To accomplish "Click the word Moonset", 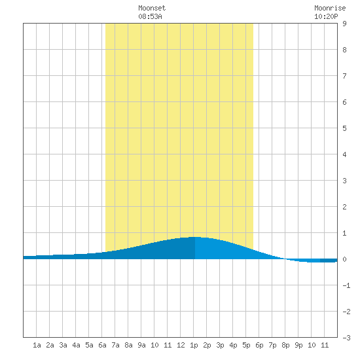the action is [x=152, y=8].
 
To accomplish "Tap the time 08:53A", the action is [x=150, y=16].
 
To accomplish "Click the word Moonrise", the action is [x=330, y=8].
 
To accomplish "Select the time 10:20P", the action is [x=326, y=16].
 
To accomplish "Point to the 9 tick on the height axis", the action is [x=344, y=24].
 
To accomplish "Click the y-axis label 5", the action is [x=344, y=128].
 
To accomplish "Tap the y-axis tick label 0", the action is [x=344, y=259].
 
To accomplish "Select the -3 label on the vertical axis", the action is [x=346, y=338].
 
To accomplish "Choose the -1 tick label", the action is [x=346, y=285].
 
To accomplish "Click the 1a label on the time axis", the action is [x=37, y=345].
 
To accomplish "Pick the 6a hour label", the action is [x=102, y=345].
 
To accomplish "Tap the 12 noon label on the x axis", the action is [x=181, y=345].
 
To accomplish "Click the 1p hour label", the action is [x=194, y=345].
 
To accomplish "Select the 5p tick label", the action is [x=246, y=345].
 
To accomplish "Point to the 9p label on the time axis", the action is [x=298, y=345].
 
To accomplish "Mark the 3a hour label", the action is [x=63, y=345].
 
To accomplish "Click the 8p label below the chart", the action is [x=285, y=345].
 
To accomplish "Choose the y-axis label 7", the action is [x=344, y=76].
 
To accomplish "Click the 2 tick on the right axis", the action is [x=344, y=207].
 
